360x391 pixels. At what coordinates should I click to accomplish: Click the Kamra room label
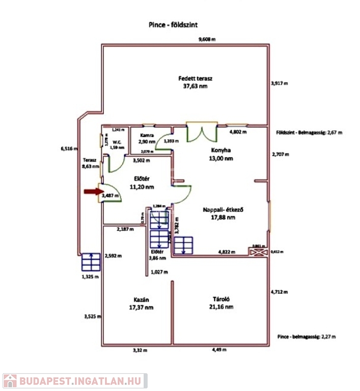(x=147, y=138)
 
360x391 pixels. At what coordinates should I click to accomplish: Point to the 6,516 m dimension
(x=69, y=149)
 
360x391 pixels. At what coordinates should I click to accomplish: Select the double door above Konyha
(x=202, y=133)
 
